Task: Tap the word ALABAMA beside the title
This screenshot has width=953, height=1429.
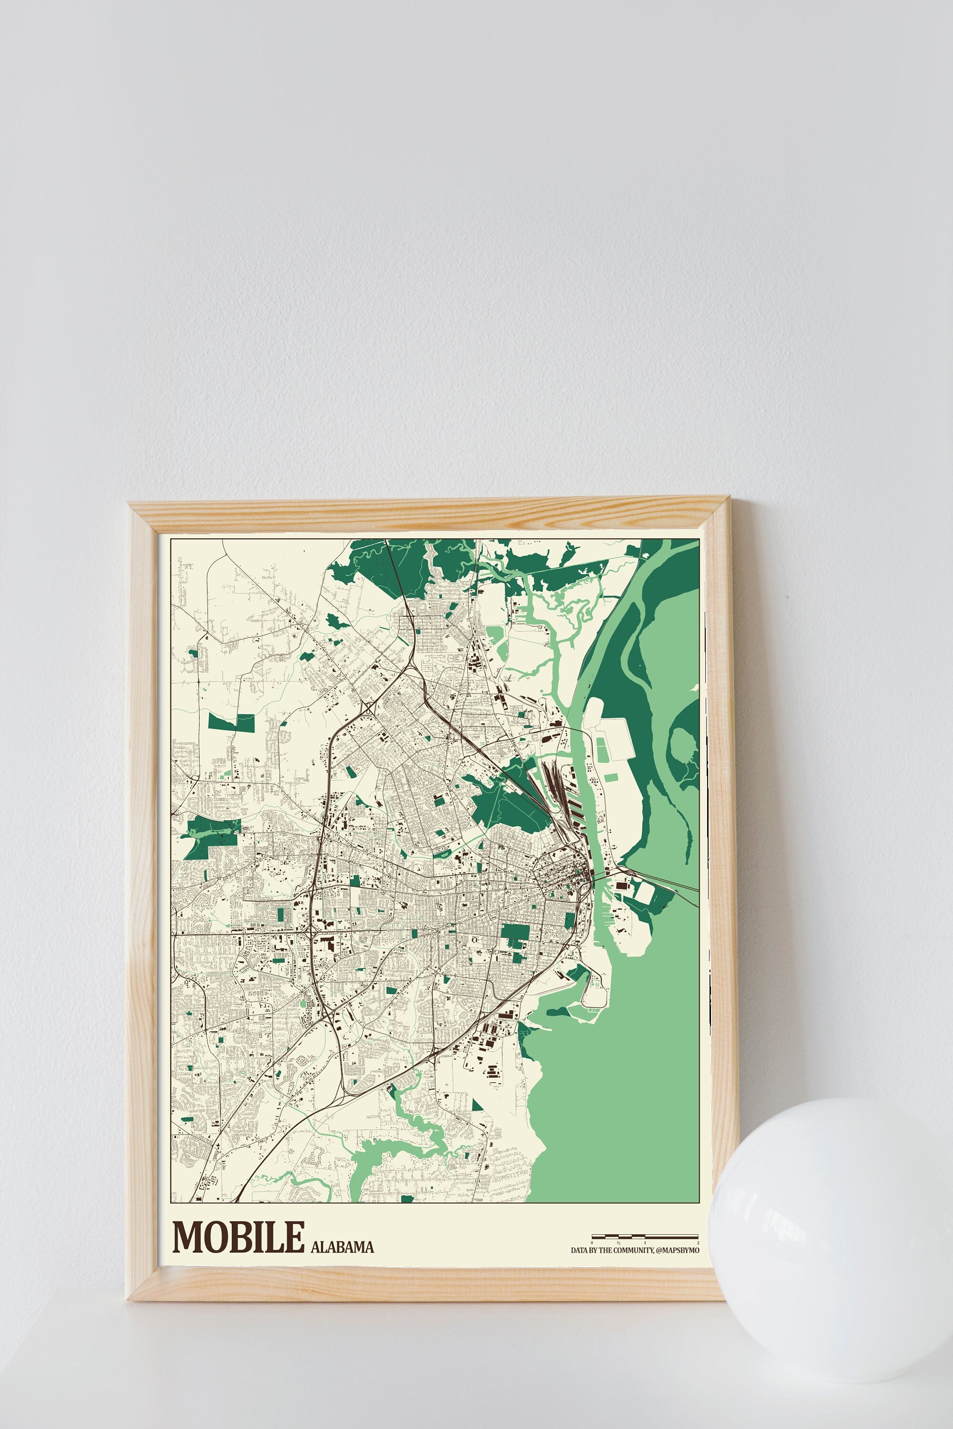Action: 342,1247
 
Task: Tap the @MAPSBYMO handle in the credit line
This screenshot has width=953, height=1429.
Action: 678,1250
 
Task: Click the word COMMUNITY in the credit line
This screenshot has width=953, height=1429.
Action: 633,1250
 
